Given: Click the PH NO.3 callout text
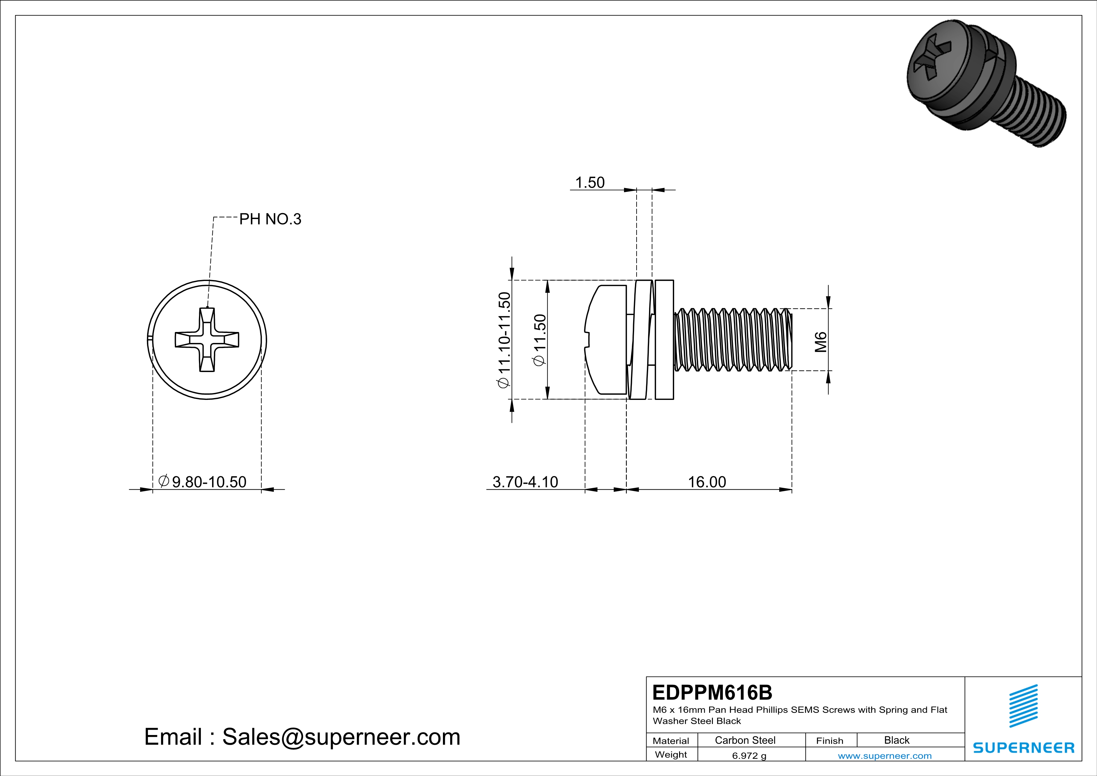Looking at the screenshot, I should tap(270, 219).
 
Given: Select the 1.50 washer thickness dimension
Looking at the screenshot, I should tap(590, 182).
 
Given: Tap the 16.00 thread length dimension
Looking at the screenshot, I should tap(707, 482).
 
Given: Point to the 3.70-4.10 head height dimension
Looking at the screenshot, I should tap(525, 482).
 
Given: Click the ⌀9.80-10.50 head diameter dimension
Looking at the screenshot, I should tap(203, 482).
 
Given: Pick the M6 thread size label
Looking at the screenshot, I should tap(820, 342).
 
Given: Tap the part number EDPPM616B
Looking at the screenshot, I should tap(712, 692).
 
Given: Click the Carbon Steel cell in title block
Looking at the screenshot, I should tap(745, 740).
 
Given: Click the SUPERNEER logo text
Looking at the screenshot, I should tap(1023, 748).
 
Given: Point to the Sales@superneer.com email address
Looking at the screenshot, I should tap(341, 737).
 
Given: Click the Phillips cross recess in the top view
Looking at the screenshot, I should tap(207, 340).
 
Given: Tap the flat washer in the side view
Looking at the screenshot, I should tap(664, 340).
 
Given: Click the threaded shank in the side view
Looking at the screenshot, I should tap(734, 340).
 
